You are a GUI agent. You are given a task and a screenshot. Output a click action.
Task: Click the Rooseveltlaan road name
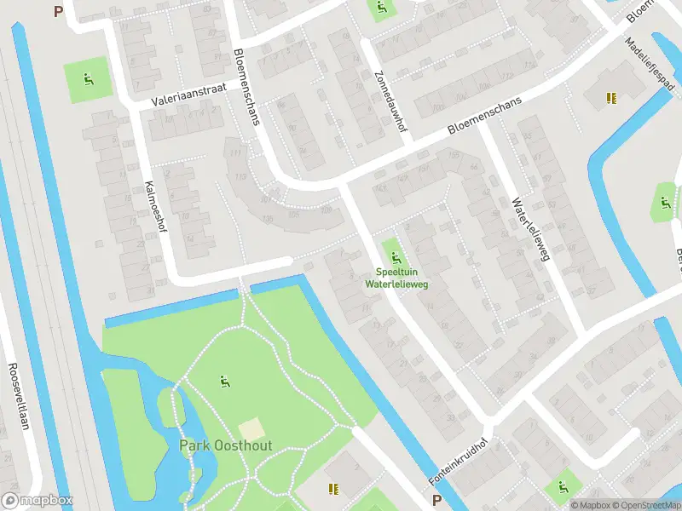pyautogui.click(x=18, y=396)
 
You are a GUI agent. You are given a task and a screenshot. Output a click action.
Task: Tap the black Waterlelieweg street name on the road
pyautogui.click(x=529, y=230)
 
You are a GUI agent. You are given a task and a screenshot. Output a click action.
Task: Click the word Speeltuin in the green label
pyautogui.click(x=395, y=272)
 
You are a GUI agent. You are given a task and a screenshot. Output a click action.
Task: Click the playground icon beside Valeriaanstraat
pyautogui.click(x=88, y=81)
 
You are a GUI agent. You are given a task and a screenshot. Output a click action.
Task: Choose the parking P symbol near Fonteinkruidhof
pyautogui.click(x=436, y=501)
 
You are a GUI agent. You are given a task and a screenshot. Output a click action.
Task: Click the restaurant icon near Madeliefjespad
pyautogui.click(x=610, y=99)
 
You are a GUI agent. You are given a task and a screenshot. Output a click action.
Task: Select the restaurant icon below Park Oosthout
pyautogui.click(x=333, y=489)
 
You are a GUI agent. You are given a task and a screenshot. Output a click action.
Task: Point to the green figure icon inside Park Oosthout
pyautogui.click(x=225, y=382)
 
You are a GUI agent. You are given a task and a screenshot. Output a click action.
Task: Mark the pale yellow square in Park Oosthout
pyautogui.click(x=251, y=429)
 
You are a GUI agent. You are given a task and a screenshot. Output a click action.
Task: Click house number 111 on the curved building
pyautogui.click(x=235, y=153)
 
